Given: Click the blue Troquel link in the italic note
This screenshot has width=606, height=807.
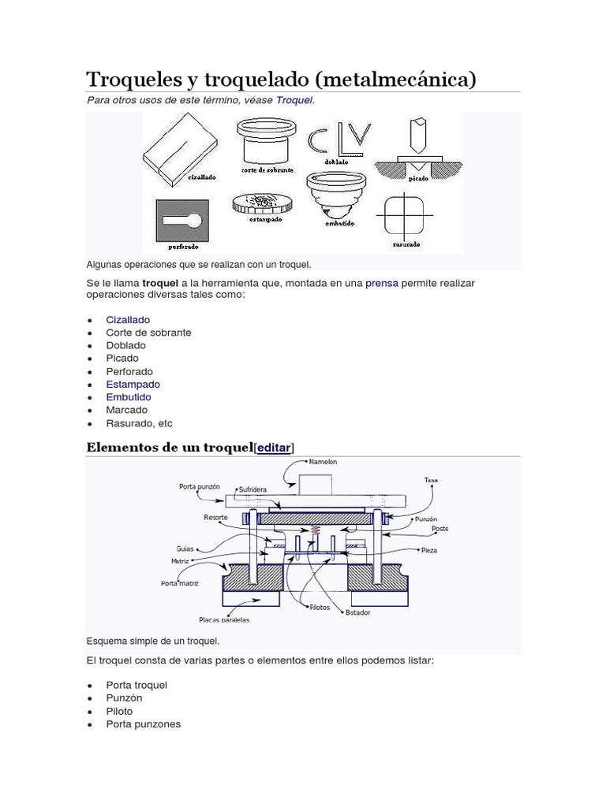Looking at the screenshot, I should [x=294, y=101].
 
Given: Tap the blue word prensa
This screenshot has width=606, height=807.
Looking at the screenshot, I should [x=382, y=283].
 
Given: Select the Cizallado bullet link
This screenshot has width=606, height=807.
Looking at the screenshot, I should [x=128, y=320].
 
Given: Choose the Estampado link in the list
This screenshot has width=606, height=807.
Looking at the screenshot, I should [x=133, y=384].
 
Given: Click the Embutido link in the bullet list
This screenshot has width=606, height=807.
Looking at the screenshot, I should [x=130, y=397].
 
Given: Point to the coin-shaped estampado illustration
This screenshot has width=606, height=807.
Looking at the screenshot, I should [x=257, y=204].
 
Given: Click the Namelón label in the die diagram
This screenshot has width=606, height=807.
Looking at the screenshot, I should [x=323, y=462].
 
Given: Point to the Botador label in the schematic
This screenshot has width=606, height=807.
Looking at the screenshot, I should [x=357, y=612].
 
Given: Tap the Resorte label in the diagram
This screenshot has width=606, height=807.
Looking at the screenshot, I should [x=215, y=518].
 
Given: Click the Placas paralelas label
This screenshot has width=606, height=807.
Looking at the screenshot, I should [x=224, y=619].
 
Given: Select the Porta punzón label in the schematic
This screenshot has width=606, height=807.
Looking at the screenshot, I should [x=199, y=486].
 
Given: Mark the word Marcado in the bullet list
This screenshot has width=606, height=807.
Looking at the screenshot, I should [x=127, y=410].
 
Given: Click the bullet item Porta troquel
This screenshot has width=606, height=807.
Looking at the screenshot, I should [x=137, y=685].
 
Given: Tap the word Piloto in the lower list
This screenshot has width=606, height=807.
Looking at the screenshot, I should [x=119, y=711].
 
